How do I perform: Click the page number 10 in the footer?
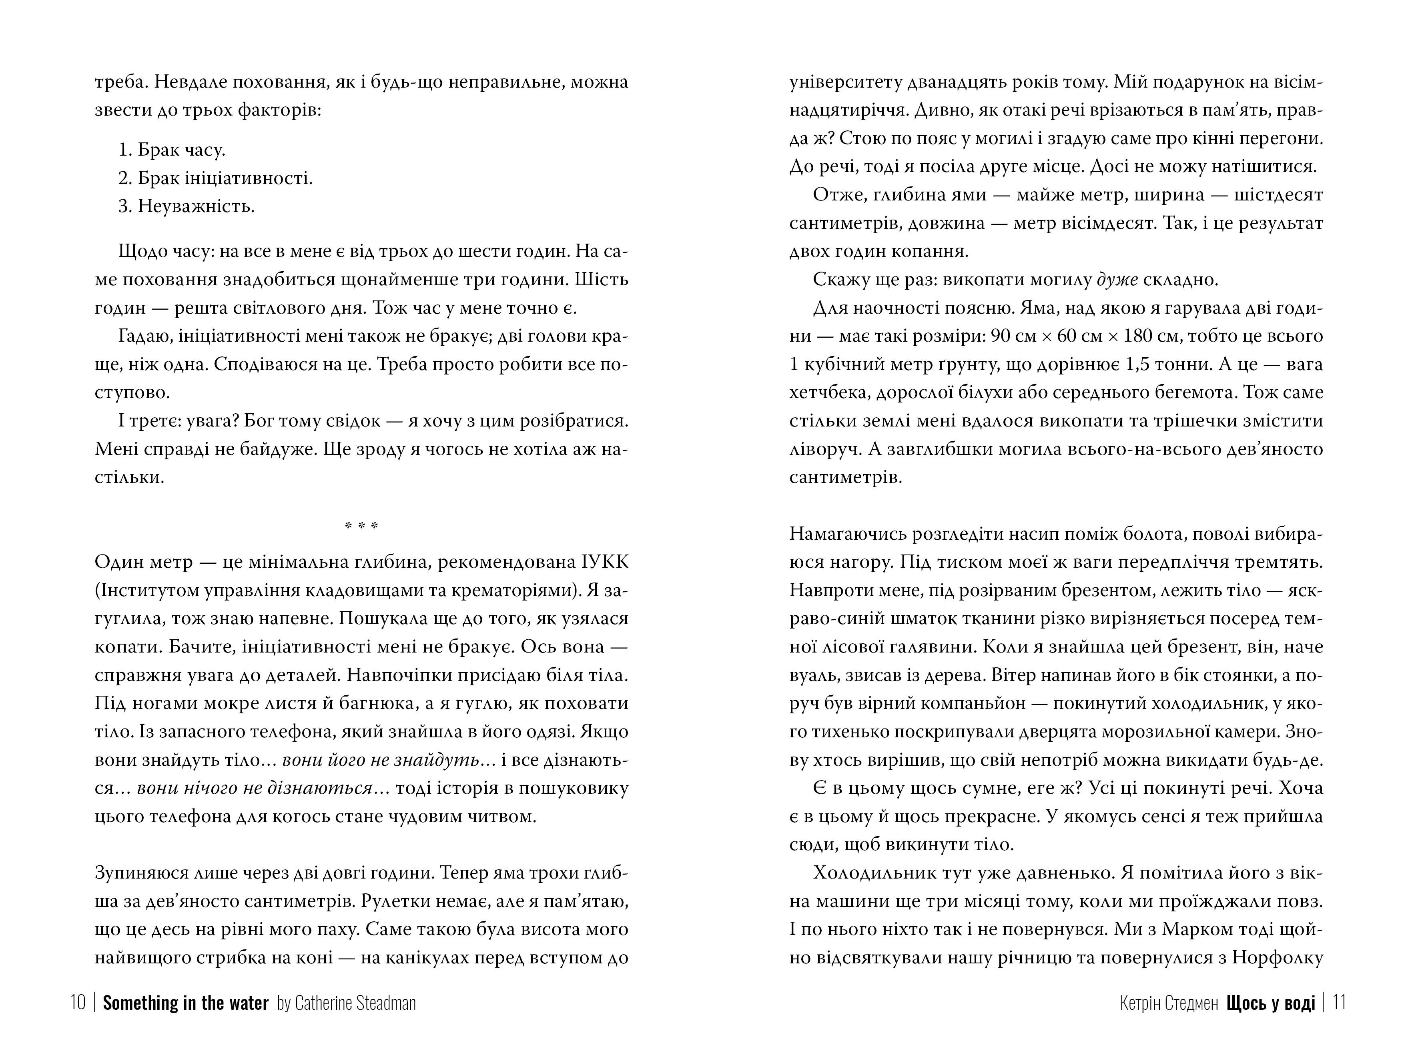coord(78,1003)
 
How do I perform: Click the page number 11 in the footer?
coord(1339,1003)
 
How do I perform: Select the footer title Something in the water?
coord(185,1003)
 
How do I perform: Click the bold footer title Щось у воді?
coord(1271,1003)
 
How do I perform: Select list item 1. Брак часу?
coord(172,150)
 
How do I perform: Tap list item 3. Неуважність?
coord(187,206)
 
